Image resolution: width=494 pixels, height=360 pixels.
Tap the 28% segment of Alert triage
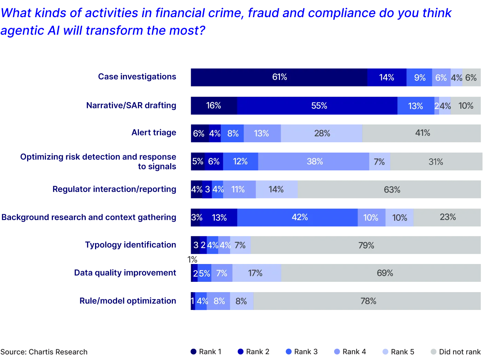tap(321, 133)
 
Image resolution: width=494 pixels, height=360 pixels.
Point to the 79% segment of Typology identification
tap(366, 245)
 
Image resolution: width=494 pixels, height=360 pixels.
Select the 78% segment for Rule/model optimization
tap(368, 301)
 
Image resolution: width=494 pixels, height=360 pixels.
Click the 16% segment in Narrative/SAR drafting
tap(213, 106)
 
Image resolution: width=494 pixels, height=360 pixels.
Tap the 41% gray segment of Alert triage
tap(423, 133)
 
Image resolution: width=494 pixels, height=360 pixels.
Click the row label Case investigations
tap(137, 76)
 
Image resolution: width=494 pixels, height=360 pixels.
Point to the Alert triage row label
tap(154, 133)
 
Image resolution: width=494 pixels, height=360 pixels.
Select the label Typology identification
tap(131, 245)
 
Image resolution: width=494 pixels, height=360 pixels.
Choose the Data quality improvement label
tap(126, 273)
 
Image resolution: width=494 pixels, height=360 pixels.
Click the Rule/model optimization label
tap(128, 301)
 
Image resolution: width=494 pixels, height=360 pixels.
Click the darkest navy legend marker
tap(193, 352)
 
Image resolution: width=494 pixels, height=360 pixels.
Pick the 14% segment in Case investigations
tap(387, 77)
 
